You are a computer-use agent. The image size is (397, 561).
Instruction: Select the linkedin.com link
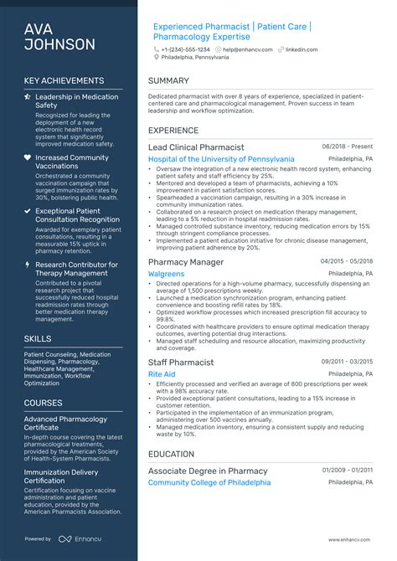coord(302,49)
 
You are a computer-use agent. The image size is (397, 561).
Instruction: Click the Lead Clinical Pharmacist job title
coord(196,147)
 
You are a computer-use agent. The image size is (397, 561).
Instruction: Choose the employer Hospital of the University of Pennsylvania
coord(221,159)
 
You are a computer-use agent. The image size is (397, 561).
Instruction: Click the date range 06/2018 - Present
coord(348,147)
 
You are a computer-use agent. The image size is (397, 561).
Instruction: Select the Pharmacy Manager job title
coord(186,262)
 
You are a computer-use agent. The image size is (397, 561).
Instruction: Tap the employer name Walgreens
coord(166,274)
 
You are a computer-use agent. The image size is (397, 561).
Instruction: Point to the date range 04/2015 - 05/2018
coord(347,261)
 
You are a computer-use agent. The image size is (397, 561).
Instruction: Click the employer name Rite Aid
coord(162,374)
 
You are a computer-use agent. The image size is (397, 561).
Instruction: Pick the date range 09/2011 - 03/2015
coord(347,362)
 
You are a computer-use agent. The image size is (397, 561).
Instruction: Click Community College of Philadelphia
coord(209,483)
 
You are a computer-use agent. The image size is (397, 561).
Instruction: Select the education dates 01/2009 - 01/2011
coord(347,471)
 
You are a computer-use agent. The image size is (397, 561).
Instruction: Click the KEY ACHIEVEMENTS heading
coord(64,81)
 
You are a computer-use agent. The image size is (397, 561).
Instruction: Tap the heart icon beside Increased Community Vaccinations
coord(28,157)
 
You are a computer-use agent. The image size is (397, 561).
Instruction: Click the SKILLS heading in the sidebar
coord(38,339)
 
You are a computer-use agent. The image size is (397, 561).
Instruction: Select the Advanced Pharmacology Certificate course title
coord(65,424)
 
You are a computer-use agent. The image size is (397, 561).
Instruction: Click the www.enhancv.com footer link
coord(350,539)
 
